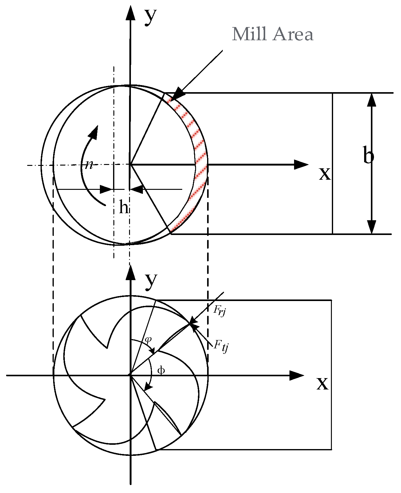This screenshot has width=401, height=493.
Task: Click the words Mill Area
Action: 273,34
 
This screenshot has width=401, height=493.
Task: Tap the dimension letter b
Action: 368,156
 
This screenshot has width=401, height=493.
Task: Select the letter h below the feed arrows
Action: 124,208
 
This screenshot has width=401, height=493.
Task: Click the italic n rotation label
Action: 89,165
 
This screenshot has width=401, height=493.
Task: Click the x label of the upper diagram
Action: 325,174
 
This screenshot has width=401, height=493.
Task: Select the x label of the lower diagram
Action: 322,383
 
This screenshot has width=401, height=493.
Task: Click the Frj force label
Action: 220,311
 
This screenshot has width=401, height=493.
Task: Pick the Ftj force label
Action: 221,346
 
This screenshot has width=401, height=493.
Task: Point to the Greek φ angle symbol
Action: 148,340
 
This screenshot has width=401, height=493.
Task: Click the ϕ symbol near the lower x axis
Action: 161,370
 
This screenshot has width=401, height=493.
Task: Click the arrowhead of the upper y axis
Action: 131,12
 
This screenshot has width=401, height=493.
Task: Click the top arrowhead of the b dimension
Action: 372,100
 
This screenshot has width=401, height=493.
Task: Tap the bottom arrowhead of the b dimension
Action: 372,227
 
